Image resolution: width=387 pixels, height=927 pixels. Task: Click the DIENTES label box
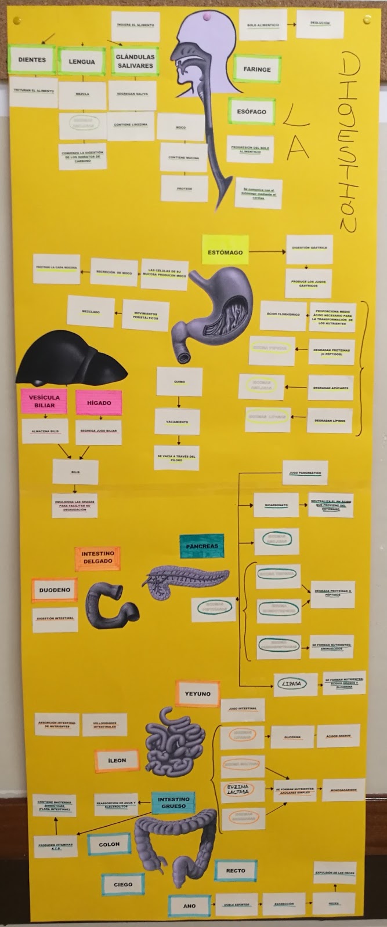coord(32,60)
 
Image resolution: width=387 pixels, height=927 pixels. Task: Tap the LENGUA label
coord(81,62)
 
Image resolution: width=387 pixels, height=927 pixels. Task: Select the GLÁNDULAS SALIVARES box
coord(135,61)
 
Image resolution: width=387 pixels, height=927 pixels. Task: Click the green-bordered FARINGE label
coord(256,69)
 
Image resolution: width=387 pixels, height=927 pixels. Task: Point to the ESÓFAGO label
coord(251,111)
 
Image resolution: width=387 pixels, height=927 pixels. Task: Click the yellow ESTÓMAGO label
coord(225,253)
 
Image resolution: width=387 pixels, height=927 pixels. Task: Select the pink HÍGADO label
coord(99,403)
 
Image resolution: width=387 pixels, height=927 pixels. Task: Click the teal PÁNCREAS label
coord(201,546)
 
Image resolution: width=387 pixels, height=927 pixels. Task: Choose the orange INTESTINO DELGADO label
coord(97,558)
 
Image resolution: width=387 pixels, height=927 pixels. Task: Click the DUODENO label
coord(54,590)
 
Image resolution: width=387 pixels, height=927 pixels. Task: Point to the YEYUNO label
coord(197,694)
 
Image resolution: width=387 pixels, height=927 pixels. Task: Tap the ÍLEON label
coord(117,760)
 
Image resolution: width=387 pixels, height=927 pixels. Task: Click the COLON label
coord(109,844)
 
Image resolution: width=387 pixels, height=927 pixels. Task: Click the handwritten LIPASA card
coord(290,684)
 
